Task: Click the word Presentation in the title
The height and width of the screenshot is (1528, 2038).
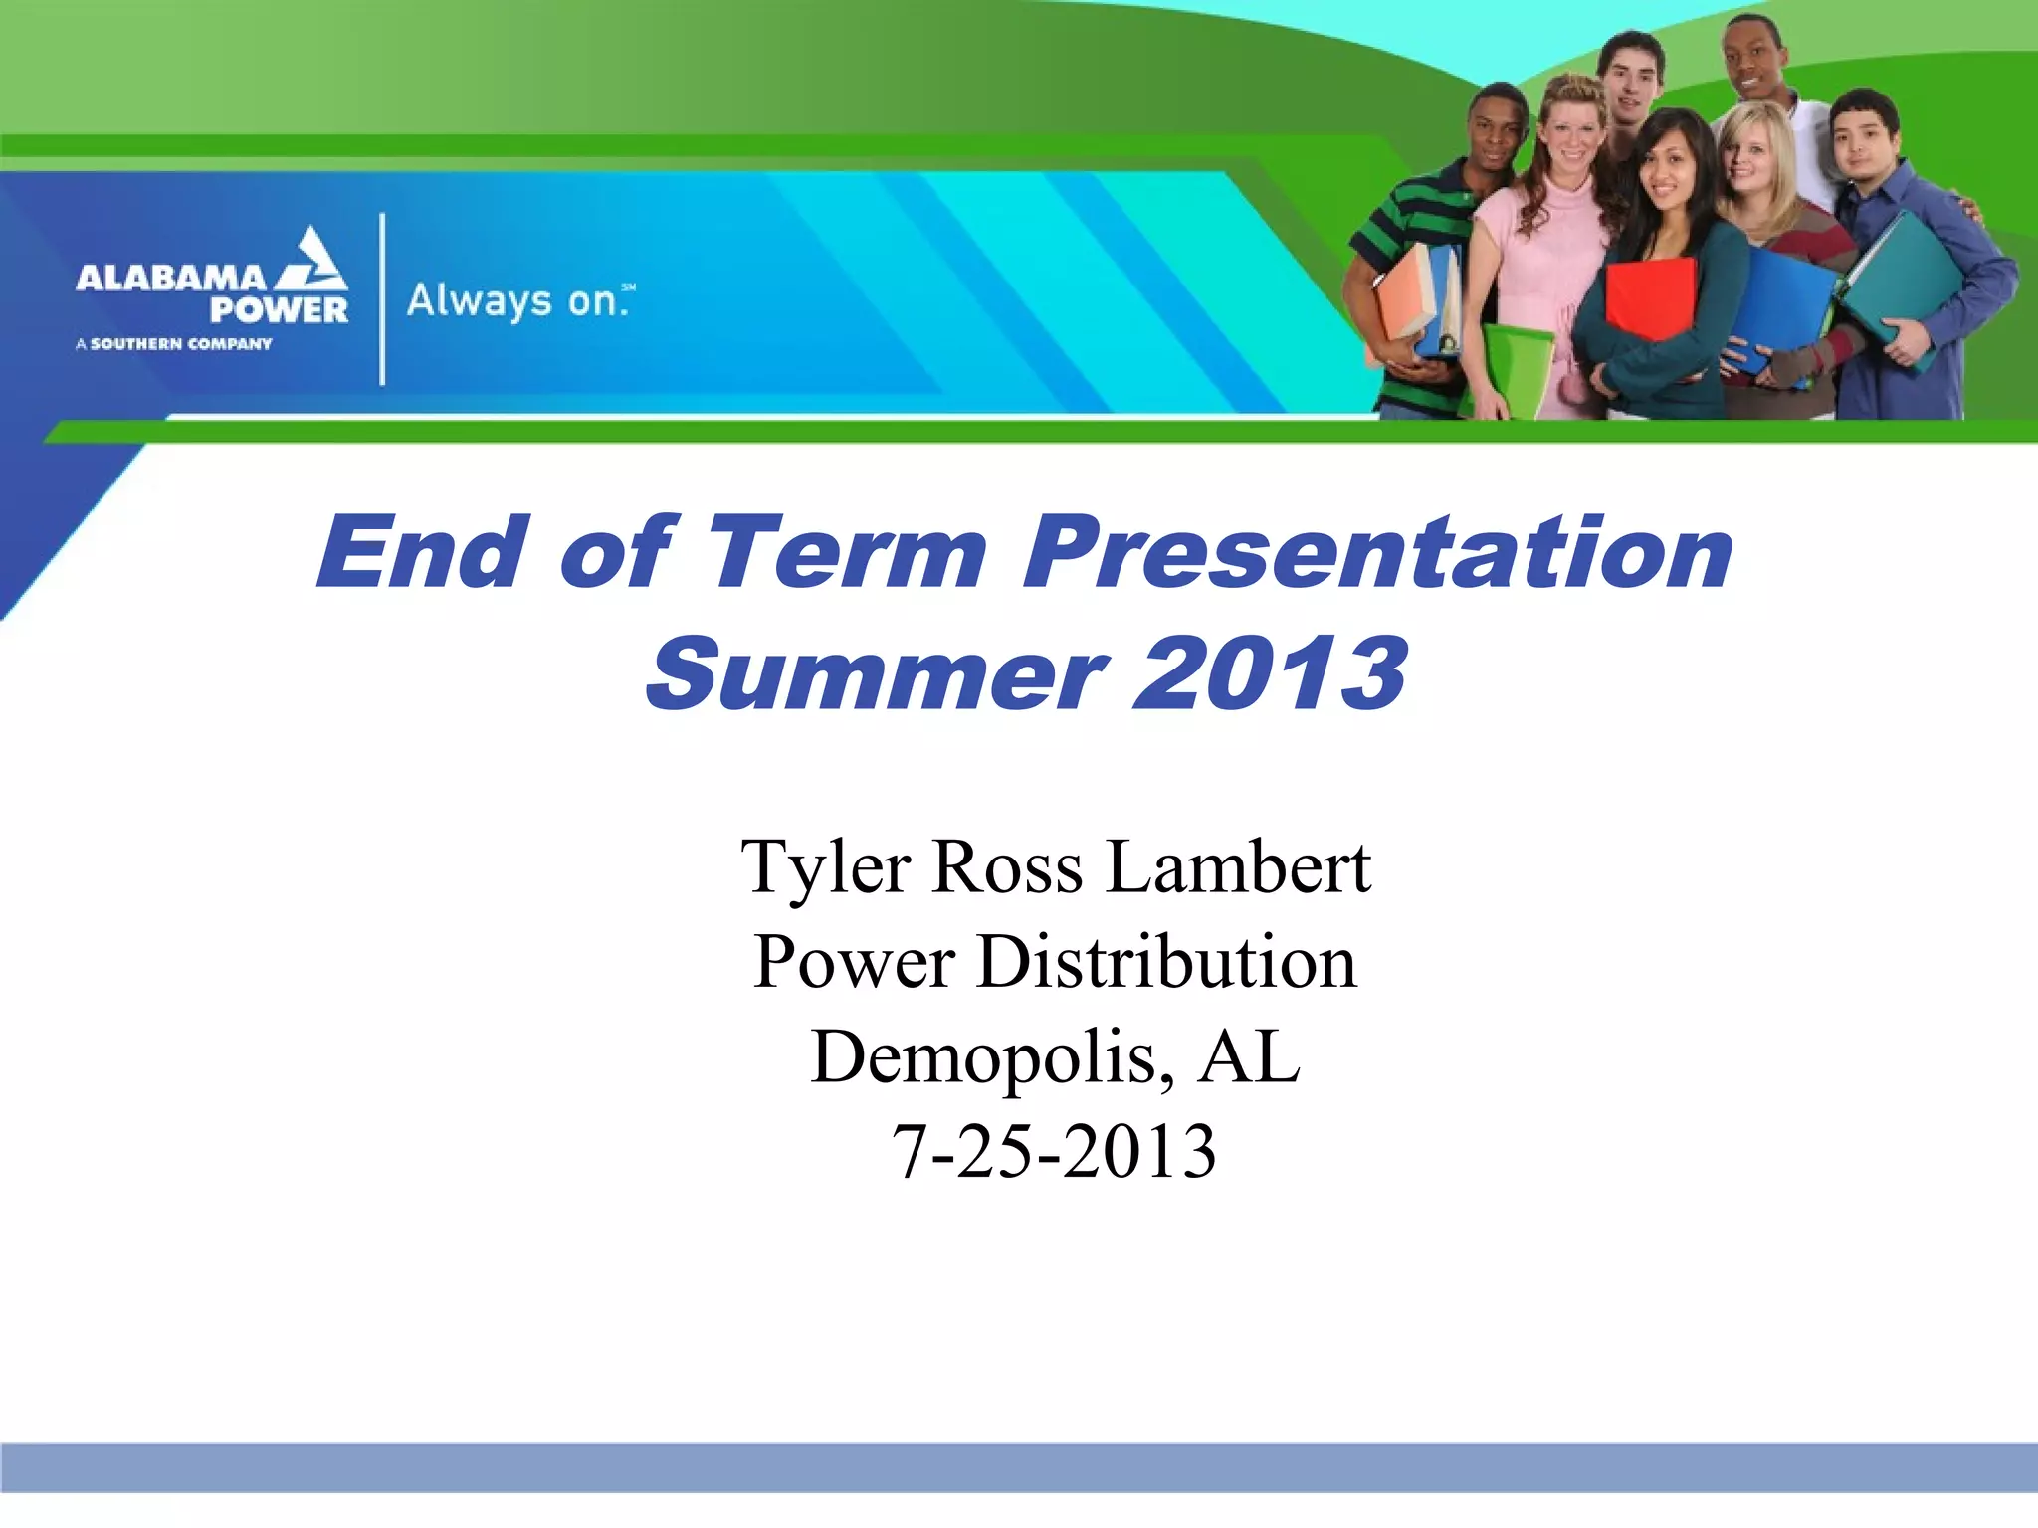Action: click(x=1378, y=554)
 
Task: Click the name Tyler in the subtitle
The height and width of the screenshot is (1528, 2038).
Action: click(x=825, y=867)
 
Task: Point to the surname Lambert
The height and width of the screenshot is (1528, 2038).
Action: click(x=1239, y=867)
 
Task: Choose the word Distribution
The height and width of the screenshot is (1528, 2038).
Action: click(x=1166, y=962)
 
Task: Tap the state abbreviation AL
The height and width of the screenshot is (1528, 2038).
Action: click(x=1250, y=1056)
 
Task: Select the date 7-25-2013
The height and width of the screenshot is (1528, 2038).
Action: click(x=1053, y=1152)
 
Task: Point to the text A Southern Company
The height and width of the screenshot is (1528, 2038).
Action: click(x=174, y=344)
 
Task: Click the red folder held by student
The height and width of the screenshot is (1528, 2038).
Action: click(x=1651, y=296)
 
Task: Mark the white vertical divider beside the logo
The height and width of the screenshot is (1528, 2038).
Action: click(x=382, y=298)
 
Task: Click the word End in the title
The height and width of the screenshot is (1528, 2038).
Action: click(x=422, y=554)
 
